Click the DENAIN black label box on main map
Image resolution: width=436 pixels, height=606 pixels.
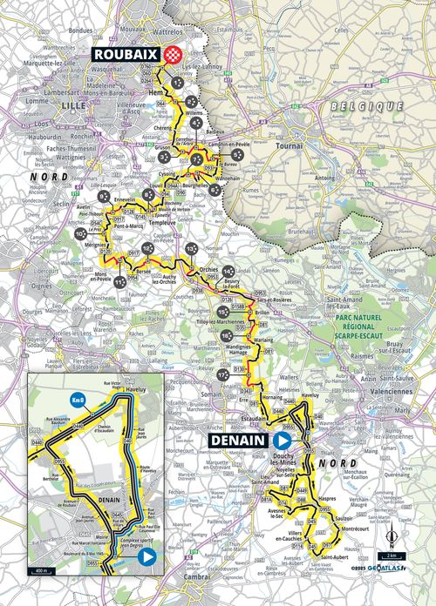pyautogui.click(x=237, y=441)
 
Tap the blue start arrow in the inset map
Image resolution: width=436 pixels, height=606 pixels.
pyautogui.click(x=148, y=555)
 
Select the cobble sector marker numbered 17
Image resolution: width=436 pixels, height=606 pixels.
pyautogui.click(x=224, y=374)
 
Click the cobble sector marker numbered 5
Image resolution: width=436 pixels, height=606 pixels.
pyautogui.click(x=237, y=153)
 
